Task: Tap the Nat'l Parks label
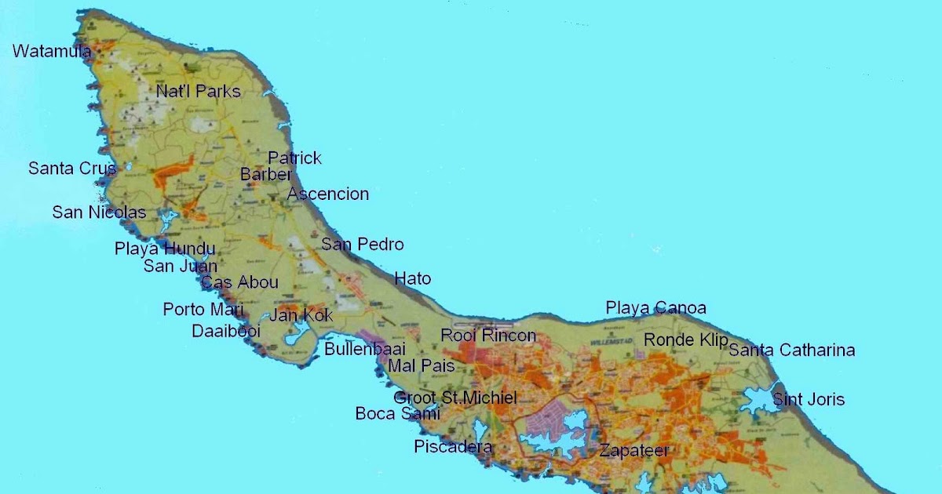[x=198, y=92]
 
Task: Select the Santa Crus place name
[x=72, y=169]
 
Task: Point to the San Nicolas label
[x=99, y=212]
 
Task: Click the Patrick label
[x=294, y=158]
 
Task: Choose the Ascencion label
[x=328, y=194]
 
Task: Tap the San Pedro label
[x=362, y=245]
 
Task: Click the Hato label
[x=412, y=278]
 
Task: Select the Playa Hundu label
[x=165, y=249]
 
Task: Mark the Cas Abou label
[x=239, y=283]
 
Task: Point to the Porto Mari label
[x=203, y=310]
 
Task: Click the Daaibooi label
[x=226, y=332]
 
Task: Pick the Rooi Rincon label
[x=488, y=336]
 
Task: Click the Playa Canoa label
[x=655, y=308]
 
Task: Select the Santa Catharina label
[x=791, y=351]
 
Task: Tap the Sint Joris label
[x=809, y=400]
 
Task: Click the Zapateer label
[x=634, y=451]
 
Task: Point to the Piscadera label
[x=453, y=448]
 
